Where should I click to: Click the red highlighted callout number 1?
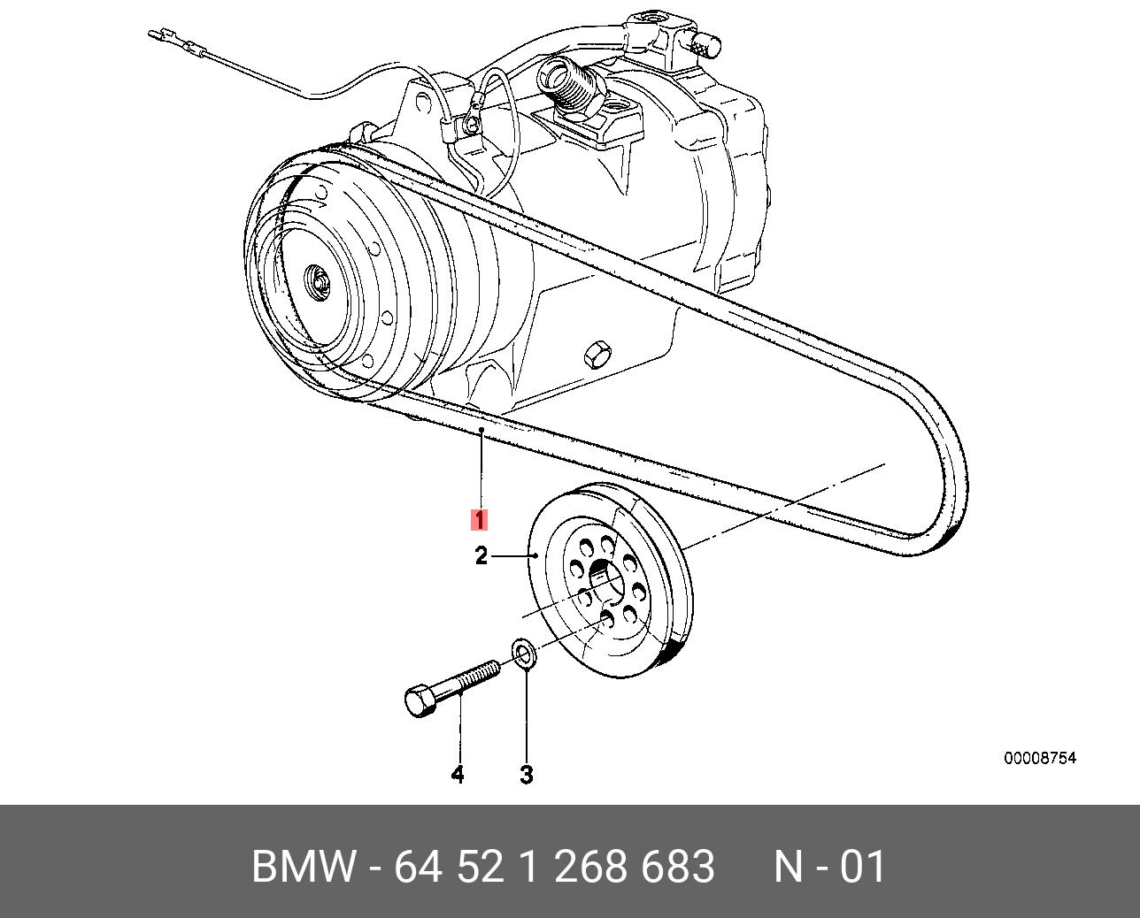[x=479, y=519]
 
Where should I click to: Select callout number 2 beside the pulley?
[x=481, y=556]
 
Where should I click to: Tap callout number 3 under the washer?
[x=526, y=775]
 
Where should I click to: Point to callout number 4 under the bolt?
[x=457, y=775]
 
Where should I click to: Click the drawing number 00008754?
[x=1039, y=759]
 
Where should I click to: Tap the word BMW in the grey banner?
[x=304, y=867]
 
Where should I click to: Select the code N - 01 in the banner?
[x=829, y=867]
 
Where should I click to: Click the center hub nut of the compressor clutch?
[x=314, y=282]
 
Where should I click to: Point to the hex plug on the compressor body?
[x=596, y=354]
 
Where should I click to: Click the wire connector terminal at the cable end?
[x=160, y=37]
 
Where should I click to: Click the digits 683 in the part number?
[x=678, y=867]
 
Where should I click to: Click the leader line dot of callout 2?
[x=537, y=555]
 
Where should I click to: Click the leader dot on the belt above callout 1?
[x=481, y=429]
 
